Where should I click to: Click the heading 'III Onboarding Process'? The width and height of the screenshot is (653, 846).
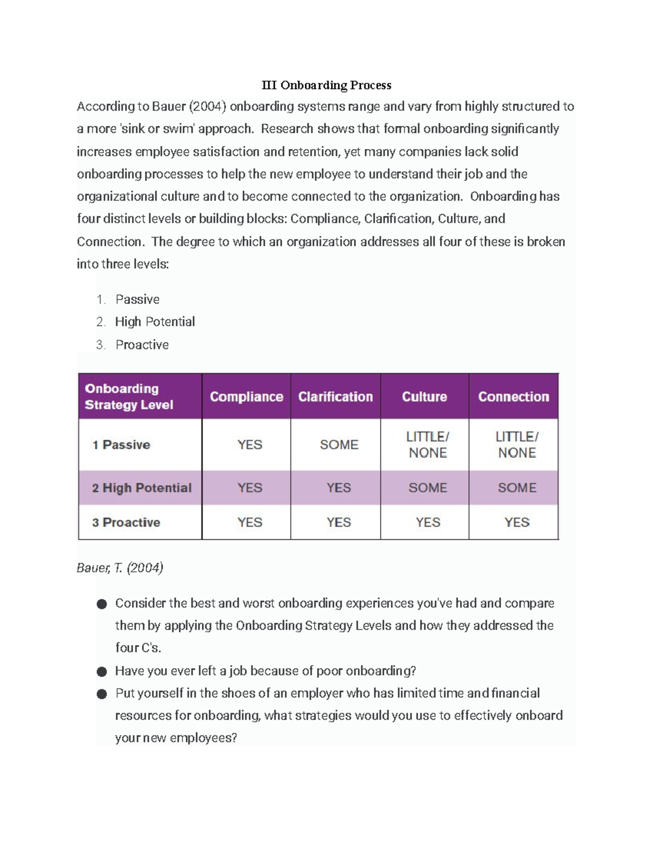pyautogui.click(x=326, y=85)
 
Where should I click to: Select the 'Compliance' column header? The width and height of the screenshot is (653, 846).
pyautogui.click(x=247, y=397)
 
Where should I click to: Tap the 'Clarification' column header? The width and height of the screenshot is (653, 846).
pyautogui.click(x=335, y=397)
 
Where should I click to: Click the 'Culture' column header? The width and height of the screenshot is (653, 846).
pyautogui.click(x=424, y=397)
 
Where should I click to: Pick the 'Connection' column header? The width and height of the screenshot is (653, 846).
pyautogui.click(x=513, y=397)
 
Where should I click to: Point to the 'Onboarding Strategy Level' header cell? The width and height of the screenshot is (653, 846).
pyautogui.click(x=129, y=397)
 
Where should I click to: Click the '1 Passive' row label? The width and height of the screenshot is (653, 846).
pyautogui.click(x=121, y=445)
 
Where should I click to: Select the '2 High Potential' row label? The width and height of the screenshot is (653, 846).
pyautogui.click(x=141, y=488)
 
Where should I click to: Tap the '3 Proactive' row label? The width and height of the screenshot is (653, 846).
pyautogui.click(x=126, y=522)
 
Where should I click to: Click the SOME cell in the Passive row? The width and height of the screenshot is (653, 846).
pyautogui.click(x=339, y=445)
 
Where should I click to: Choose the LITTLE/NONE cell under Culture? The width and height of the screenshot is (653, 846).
pyautogui.click(x=428, y=445)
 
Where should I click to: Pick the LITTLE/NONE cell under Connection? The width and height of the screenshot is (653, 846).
pyautogui.click(x=517, y=445)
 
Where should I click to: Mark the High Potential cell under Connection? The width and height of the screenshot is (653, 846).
pyautogui.click(x=517, y=488)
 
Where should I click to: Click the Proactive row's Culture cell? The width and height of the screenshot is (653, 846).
pyautogui.click(x=428, y=522)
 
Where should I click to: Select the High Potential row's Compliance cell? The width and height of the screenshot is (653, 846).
pyautogui.click(x=250, y=488)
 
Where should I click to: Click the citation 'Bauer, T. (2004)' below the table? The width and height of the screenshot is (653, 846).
pyautogui.click(x=120, y=568)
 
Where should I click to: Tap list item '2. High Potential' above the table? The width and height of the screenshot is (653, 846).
pyautogui.click(x=155, y=322)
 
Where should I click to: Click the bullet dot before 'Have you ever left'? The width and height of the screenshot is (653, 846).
pyautogui.click(x=102, y=672)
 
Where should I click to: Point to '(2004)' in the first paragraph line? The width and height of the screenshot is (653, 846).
pyautogui.click(x=207, y=106)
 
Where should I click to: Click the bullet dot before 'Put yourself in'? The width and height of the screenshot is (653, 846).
pyautogui.click(x=102, y=694)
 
